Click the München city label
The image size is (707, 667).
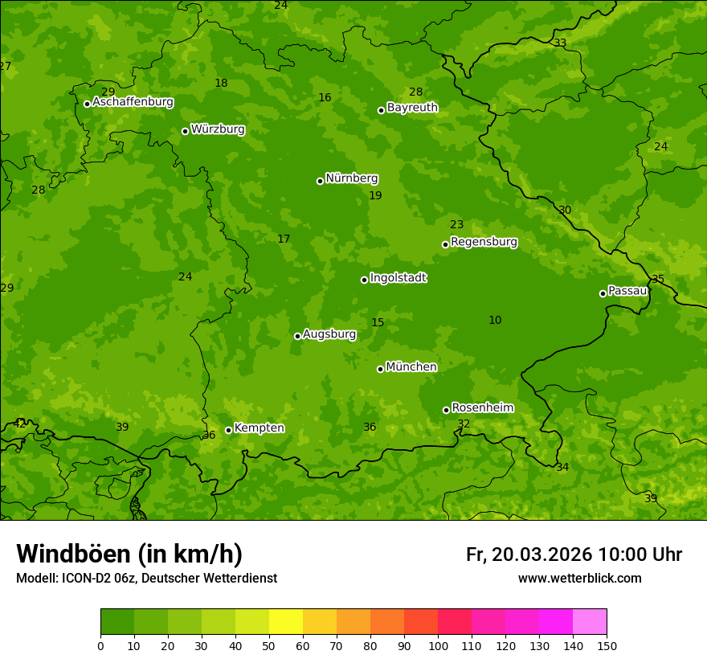[x=411, y=367]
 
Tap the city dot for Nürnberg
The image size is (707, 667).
[x=320, y=181]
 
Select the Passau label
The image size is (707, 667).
[x=627, y=291]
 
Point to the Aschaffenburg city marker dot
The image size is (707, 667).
[x=87, y=104]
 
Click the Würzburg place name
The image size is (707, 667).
[x=218, y=129]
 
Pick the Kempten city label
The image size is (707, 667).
[x=259, y=428]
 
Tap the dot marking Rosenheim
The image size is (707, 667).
[x=446, y=410]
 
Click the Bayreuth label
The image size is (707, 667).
[x=412, y=108]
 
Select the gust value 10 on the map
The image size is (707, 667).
[x=495, y=321]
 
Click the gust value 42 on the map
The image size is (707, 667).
[x=19, y=423]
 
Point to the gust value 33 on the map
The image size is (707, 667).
[x=560, y=43]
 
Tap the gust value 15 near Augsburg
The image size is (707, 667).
[x=378, y=323]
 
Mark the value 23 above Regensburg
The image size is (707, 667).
[x=456, y=225]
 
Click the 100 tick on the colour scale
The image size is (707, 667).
[x=438, y=645]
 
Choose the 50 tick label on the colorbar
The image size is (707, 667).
[x=269, y=645]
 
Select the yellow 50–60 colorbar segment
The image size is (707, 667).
[x=286, y=621]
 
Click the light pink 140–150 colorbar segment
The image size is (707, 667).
[x=590, y=621]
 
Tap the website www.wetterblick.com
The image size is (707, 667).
[x=579, y=579]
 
